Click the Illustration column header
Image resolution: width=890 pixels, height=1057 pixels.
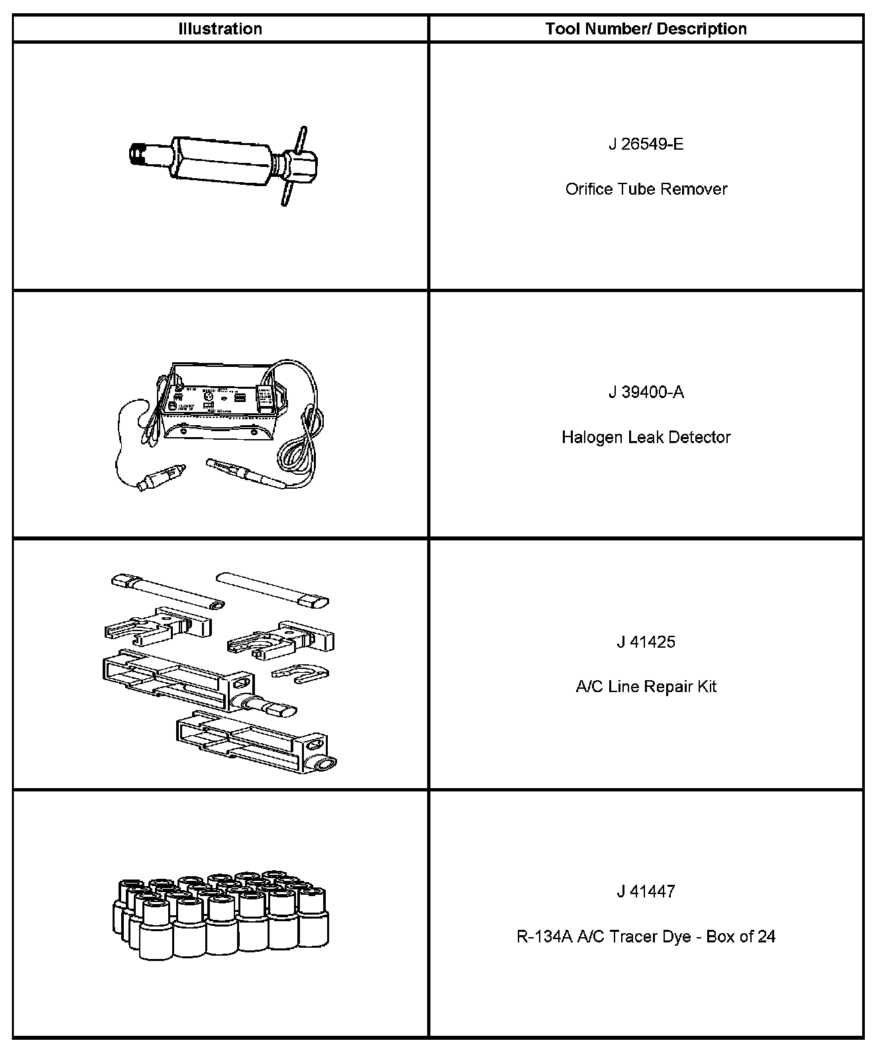click(220, 29)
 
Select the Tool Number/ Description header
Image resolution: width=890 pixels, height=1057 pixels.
click(646, 29)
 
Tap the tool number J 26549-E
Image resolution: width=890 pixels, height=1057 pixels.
click(646, 144)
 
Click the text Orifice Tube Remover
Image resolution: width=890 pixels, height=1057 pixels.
click(646, 189)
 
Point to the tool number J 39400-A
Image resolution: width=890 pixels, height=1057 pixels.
click(646, 393)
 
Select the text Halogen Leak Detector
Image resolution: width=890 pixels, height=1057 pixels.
click(646, 437)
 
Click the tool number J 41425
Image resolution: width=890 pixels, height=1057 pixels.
click(646, 642)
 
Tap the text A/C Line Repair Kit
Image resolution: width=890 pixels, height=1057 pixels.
click(646, 687)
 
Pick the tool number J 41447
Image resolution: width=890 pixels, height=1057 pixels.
click(646, 891)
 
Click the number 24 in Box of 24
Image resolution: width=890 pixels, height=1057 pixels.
click(766, 936)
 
